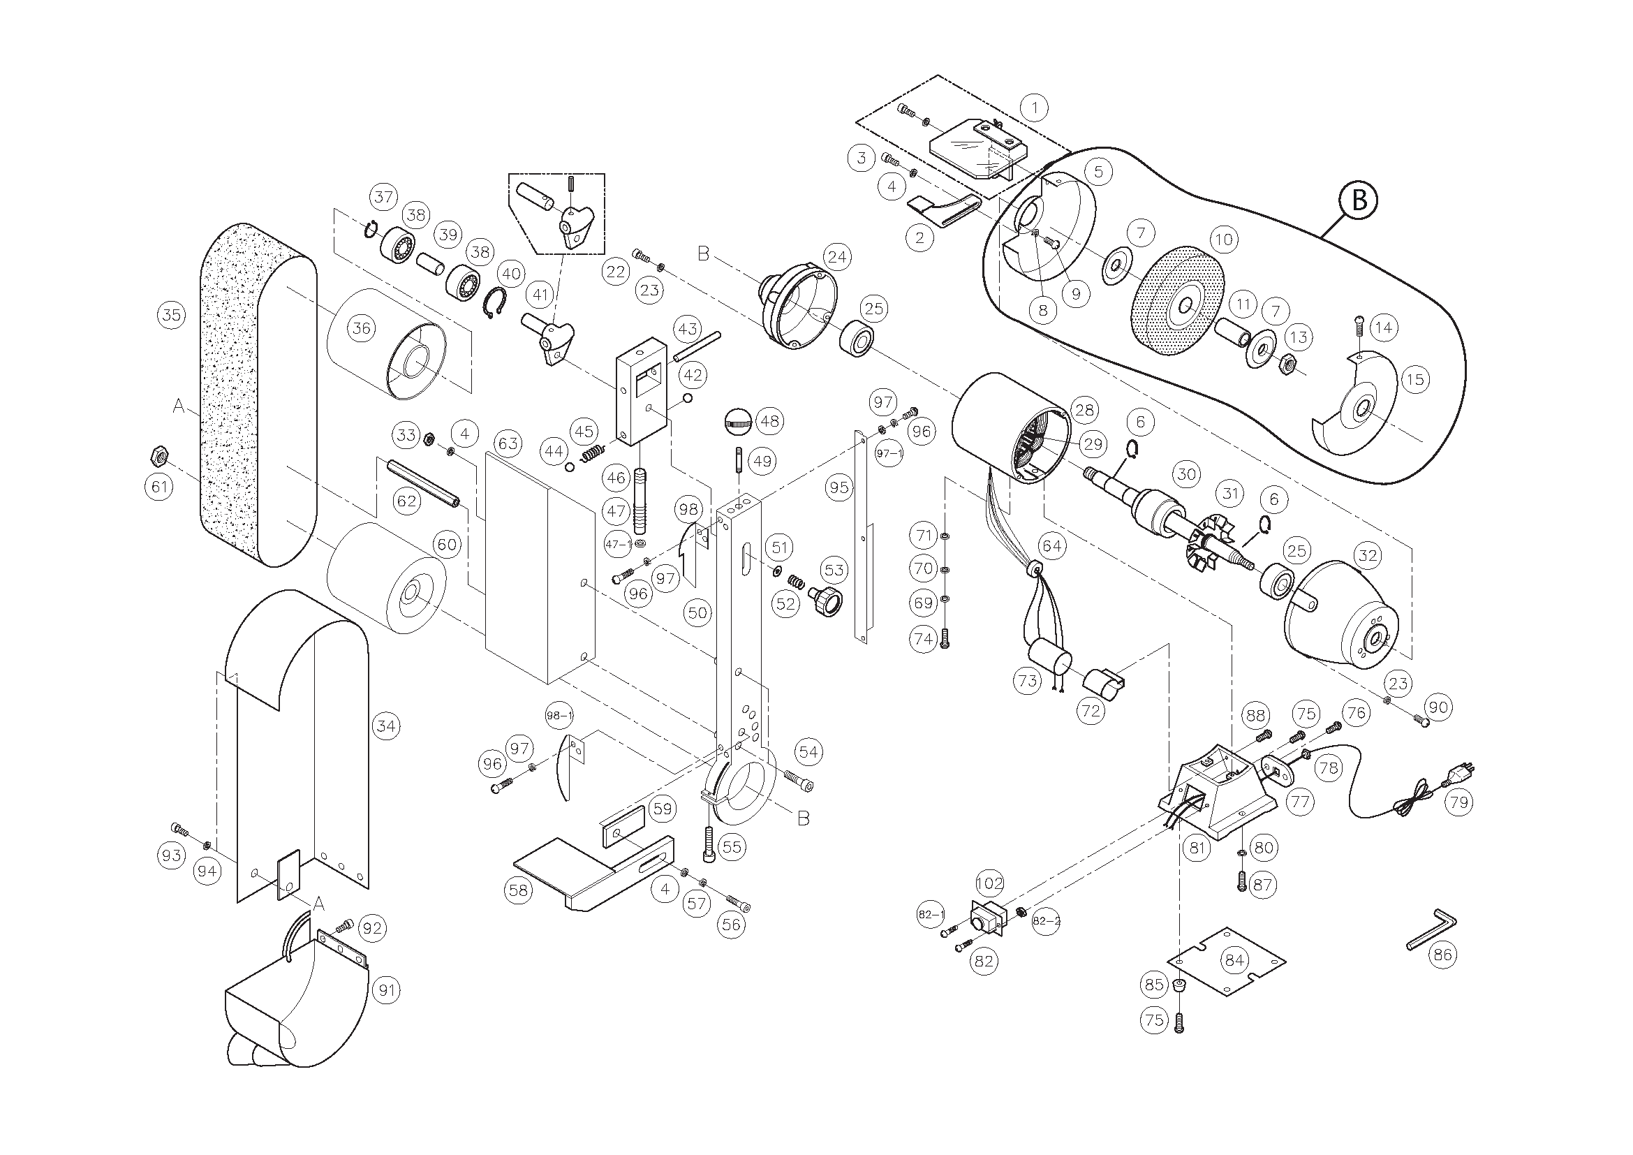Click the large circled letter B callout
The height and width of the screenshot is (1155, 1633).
click(1358, 200)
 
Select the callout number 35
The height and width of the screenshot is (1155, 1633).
click(172, 314)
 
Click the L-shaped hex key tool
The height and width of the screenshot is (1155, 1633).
click(1431, 929)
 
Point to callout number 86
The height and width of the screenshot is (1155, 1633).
click(1442, 954)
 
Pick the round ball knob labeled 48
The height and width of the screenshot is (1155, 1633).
click(737, 419)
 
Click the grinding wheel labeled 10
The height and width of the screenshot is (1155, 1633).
click(1176, 301)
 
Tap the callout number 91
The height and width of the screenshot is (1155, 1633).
click(386, 990)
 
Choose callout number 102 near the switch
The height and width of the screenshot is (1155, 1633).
click(989, 883)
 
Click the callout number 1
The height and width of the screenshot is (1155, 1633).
click(1034, 108)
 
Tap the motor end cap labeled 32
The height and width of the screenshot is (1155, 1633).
click(1340, 615)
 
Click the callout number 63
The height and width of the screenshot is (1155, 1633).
click(508, 443)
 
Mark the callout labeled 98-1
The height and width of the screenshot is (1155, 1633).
click(559, 716)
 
